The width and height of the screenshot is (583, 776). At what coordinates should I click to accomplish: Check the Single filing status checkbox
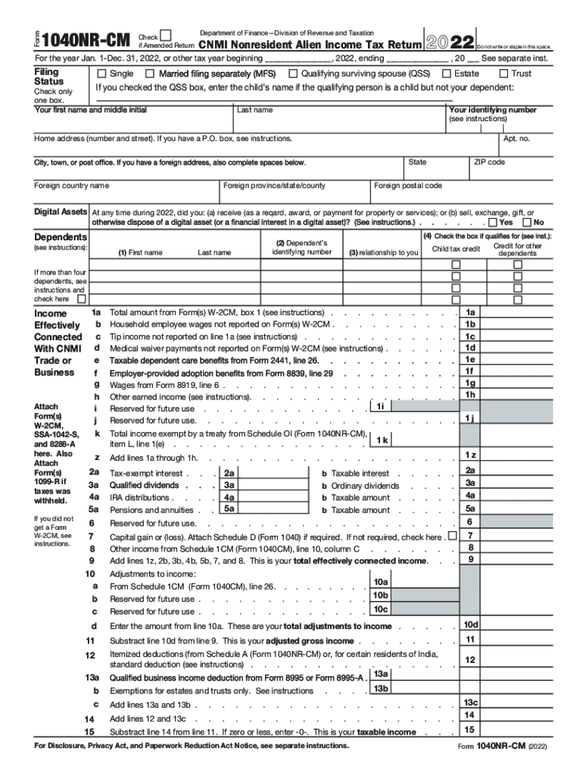[x=101, y=74]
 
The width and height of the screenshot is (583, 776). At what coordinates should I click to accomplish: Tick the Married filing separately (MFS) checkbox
[x=150, y=74]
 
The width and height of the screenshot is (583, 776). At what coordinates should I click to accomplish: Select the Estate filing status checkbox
[x=447, y=74]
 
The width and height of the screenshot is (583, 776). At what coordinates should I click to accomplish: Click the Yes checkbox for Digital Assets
[x=494, y=223]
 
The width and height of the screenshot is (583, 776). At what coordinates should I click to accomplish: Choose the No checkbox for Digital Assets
[x=528, y=223]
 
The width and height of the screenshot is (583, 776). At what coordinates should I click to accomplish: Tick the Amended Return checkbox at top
[x=167, y=34]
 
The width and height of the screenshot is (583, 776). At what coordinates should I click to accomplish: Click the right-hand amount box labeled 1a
[x=470, y=312]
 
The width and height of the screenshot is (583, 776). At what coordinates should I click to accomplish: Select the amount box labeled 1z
[x=470, y=454]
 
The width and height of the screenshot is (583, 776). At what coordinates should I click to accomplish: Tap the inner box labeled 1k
[x=383, y=440]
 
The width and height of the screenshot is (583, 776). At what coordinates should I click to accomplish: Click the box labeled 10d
[x=470, y=624]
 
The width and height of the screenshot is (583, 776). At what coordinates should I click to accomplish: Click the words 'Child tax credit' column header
[x=456, y=249]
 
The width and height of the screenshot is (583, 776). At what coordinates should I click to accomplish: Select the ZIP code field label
[x=489, y=162]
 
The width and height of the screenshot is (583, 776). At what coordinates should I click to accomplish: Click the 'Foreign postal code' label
[x=409, y=186]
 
